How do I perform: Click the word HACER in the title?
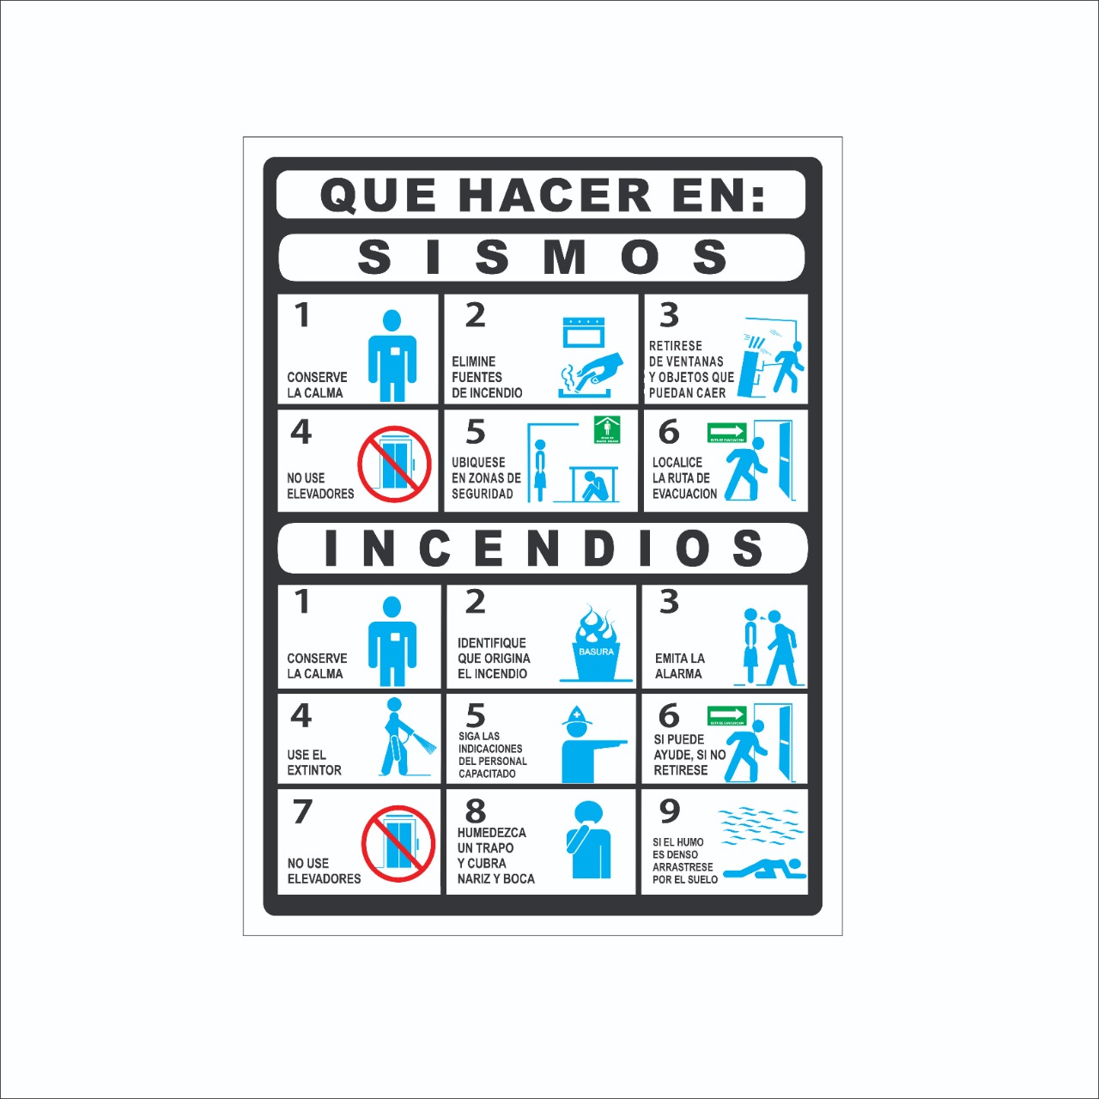[x=556, y=195]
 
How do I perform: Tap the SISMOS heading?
[x=542, y=257]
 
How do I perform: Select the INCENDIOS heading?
[x=543, y=548]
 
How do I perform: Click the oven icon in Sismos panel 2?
[x=584, y=332]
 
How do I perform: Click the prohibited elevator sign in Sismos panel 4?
[x=394, y=464]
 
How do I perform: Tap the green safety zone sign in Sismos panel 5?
[x=607, y=429]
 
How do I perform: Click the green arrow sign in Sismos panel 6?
[x=726, y=432]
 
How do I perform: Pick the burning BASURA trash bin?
[x=596, y=645]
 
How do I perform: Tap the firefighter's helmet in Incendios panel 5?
[x=577, y=717]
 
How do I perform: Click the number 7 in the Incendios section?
[x=302, y=811]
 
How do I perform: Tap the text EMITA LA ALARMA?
[x=679, y=666]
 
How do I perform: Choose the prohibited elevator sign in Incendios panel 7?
[x=398, y=843]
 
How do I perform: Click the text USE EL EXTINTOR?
[x=313, y=762]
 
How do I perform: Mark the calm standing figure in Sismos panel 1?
[x=392, y=355]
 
